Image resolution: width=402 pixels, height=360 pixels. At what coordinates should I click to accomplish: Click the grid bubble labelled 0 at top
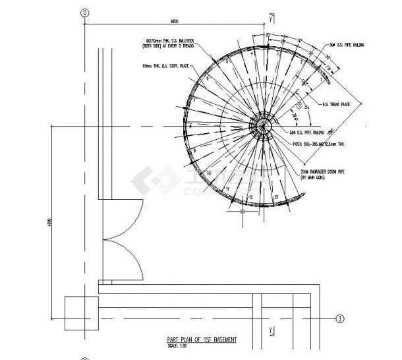coord(84,13)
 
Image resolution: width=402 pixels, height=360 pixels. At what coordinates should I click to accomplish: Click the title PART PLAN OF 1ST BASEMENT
coord(201,340)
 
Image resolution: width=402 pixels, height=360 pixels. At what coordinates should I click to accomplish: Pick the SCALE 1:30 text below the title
coord(178,345)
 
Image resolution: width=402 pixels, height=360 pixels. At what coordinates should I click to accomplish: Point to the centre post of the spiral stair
coord(264,125)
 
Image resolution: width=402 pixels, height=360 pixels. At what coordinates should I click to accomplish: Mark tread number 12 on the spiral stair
coord(250,197)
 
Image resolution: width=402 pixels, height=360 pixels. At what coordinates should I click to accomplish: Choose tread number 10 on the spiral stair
coord(209,173)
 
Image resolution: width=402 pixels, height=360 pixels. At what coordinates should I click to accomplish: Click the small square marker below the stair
coord(243,212)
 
